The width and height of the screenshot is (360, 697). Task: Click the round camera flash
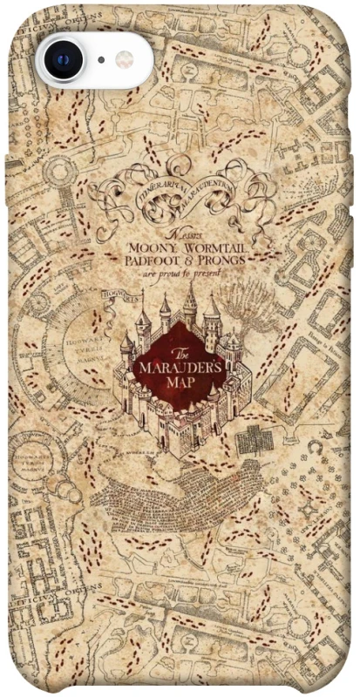click(125, 60)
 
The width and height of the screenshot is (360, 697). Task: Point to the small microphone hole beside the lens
click(101, 60)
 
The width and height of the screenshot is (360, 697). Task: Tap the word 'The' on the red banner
click(180, 352)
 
